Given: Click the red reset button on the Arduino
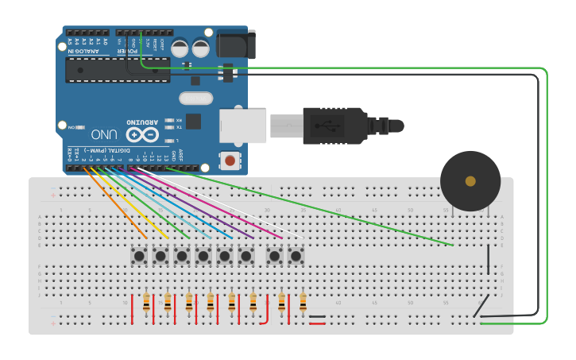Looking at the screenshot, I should pyautogui.click(x=230, y=161).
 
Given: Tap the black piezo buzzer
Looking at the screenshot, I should pyautogui.click(x=470, y=181).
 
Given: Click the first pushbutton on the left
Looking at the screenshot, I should pyautogui.click(x=139, y=256).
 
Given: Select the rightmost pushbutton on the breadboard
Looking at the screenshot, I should pyautogui.click(x=296, y=256).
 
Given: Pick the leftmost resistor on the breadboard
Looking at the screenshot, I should pyautogui.click(x=146, y=302).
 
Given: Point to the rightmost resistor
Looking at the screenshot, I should pyautogui.click(x=303, y=302).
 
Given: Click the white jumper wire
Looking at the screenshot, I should pyautogui.click(x=238, y=205).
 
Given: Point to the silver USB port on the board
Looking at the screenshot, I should pyautogui.click(x=242, y=126).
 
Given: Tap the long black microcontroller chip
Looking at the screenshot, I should pyautogui.click(x=118, y=70).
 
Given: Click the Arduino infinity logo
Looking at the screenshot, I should pyautogui.click(x=141, y=134).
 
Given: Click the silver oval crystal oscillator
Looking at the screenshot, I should pyautogui.click(x=196, y=99).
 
